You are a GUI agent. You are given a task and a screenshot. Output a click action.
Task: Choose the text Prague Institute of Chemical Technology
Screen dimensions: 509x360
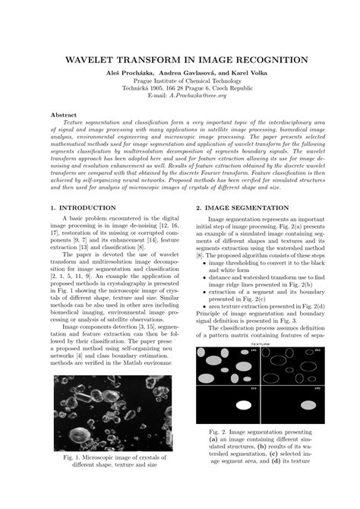[x=180, y=81]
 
